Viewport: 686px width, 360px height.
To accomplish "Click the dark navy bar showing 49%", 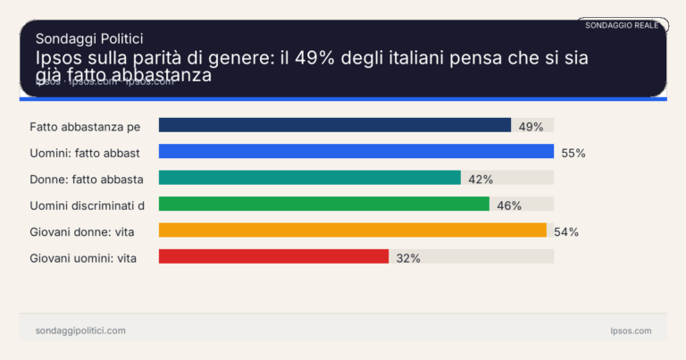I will [334, 126].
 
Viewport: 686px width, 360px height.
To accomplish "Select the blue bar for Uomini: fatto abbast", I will [356, 152].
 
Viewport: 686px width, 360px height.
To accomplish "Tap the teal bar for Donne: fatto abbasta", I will [309, 178].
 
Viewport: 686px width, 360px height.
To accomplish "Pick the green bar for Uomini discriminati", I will [323, 205].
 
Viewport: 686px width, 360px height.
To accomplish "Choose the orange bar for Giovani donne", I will [352, 230].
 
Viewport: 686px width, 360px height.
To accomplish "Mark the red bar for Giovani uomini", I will [273, 256].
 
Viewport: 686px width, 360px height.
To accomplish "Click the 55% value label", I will [573, 153].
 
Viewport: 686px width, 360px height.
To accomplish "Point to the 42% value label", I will [481, 179].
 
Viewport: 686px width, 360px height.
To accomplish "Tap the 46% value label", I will [509, 205].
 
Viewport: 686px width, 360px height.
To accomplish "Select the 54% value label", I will [566, 231].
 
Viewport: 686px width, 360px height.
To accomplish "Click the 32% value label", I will [408, 257].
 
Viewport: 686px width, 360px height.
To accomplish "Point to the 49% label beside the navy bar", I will [531, 127].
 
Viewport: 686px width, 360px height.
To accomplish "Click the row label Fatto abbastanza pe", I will [85, 127].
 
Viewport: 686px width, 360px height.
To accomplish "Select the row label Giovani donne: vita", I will [85, 231].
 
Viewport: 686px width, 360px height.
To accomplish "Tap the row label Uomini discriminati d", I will [88, 205].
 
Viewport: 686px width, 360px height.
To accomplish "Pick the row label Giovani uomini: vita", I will [86, 257].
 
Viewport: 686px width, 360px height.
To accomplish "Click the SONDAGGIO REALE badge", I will [622, 26].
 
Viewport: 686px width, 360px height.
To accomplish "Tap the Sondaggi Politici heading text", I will [89, 38].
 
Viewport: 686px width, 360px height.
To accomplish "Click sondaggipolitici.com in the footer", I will [80, 331].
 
